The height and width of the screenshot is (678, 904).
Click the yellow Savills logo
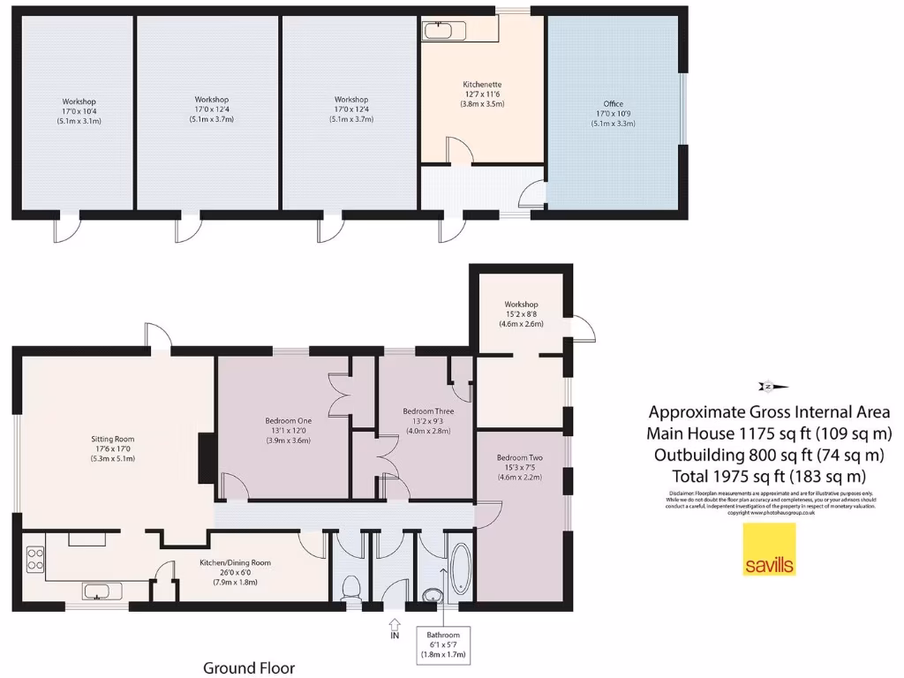click(769, 549)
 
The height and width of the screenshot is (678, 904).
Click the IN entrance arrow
click(394, 627)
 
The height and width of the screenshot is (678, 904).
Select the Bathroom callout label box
click(443, 644)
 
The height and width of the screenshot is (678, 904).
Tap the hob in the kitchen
click(36, 558)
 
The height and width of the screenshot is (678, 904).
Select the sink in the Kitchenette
click(438, 31)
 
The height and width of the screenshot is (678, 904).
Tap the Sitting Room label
click(112, 438)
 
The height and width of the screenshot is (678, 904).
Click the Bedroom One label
click(288, 420)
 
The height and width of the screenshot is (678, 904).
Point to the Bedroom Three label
click(428, 411)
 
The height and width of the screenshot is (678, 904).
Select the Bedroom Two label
click(518, 458)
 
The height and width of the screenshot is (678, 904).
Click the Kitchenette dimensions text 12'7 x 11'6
click(482, 93)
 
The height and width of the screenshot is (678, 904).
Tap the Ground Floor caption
click(249, 667)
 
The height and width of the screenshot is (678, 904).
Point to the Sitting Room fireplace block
click(207, 457)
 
